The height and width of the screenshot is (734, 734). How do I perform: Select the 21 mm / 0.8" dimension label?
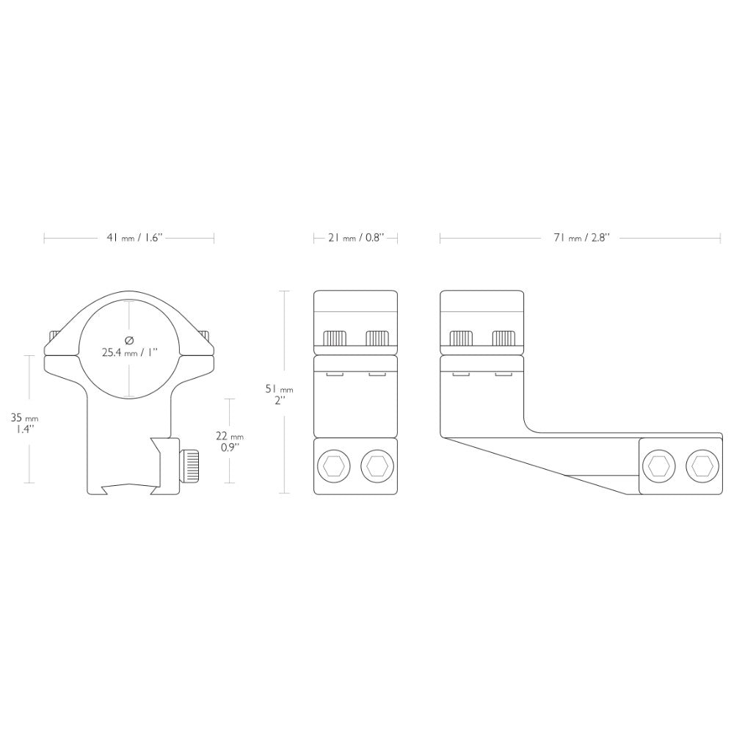point(356,238)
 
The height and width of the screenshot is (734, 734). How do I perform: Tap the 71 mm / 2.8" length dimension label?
point(581,238)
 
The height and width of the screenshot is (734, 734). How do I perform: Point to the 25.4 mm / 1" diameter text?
point(130,352)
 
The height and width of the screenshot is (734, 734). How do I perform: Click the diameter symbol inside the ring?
point(130,339)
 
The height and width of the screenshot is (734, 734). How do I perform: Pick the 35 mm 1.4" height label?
point(24,424)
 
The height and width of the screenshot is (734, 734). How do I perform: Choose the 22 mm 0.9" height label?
point(229,441)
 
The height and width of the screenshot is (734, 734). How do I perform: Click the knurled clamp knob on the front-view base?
point(189,466)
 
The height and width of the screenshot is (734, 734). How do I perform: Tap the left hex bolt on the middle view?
point(333,466)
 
